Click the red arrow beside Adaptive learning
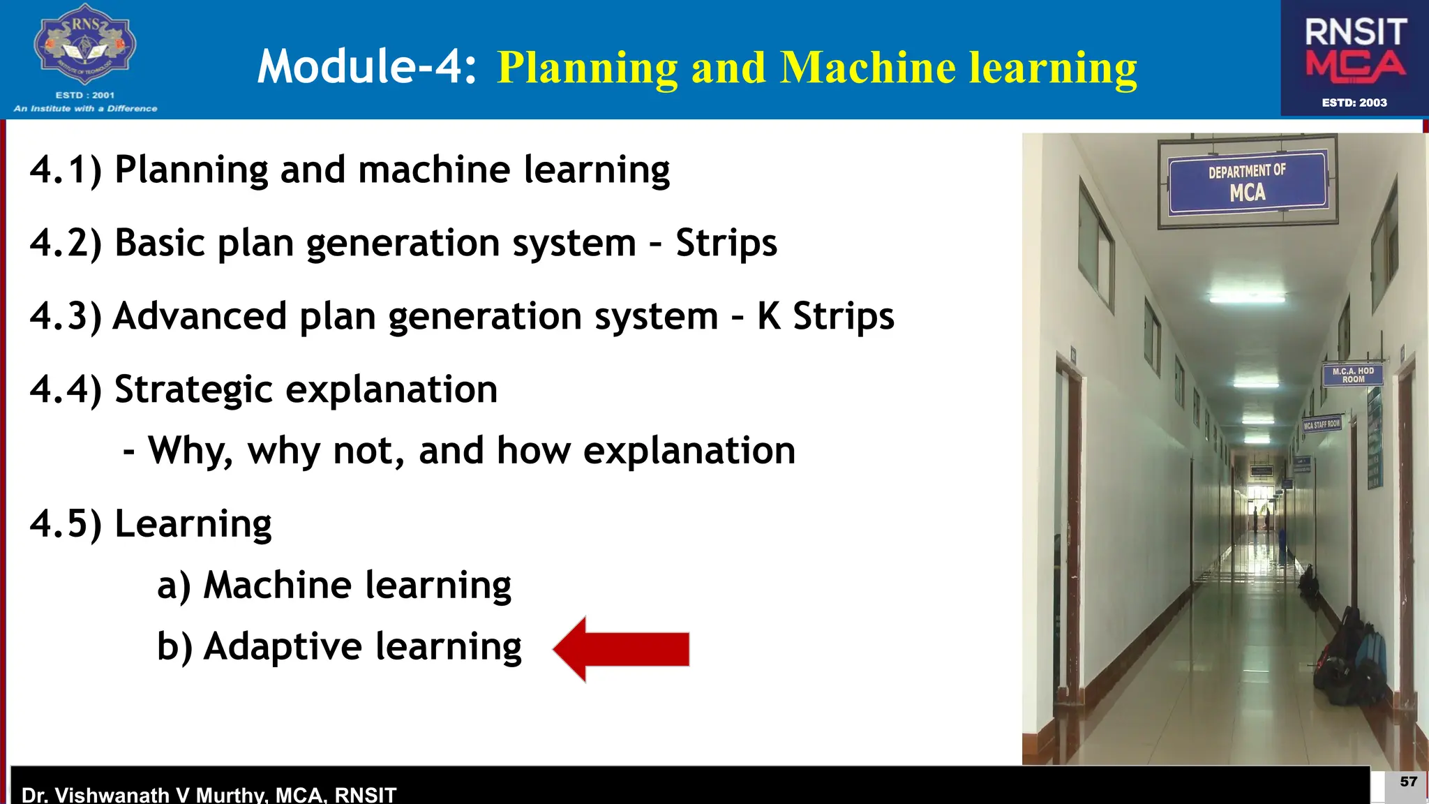tap(621, 649)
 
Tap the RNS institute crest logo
tap(85, 46)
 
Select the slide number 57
tap(1408, 782)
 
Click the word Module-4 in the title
tap(366, 67)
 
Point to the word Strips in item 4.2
tap(726, 244)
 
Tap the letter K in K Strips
tap(769, 316)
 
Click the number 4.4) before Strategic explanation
tap(66, 389)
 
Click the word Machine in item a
tap(277, 585)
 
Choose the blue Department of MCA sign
tap(1247, 182)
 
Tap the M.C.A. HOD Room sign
tap(1352, 375)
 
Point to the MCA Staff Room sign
tap(1322, 424)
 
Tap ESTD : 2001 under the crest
tap(84, 95)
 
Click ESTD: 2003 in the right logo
tap(1354, 103)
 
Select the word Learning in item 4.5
tap(193, 524)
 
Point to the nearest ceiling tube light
tap(1247, 298)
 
